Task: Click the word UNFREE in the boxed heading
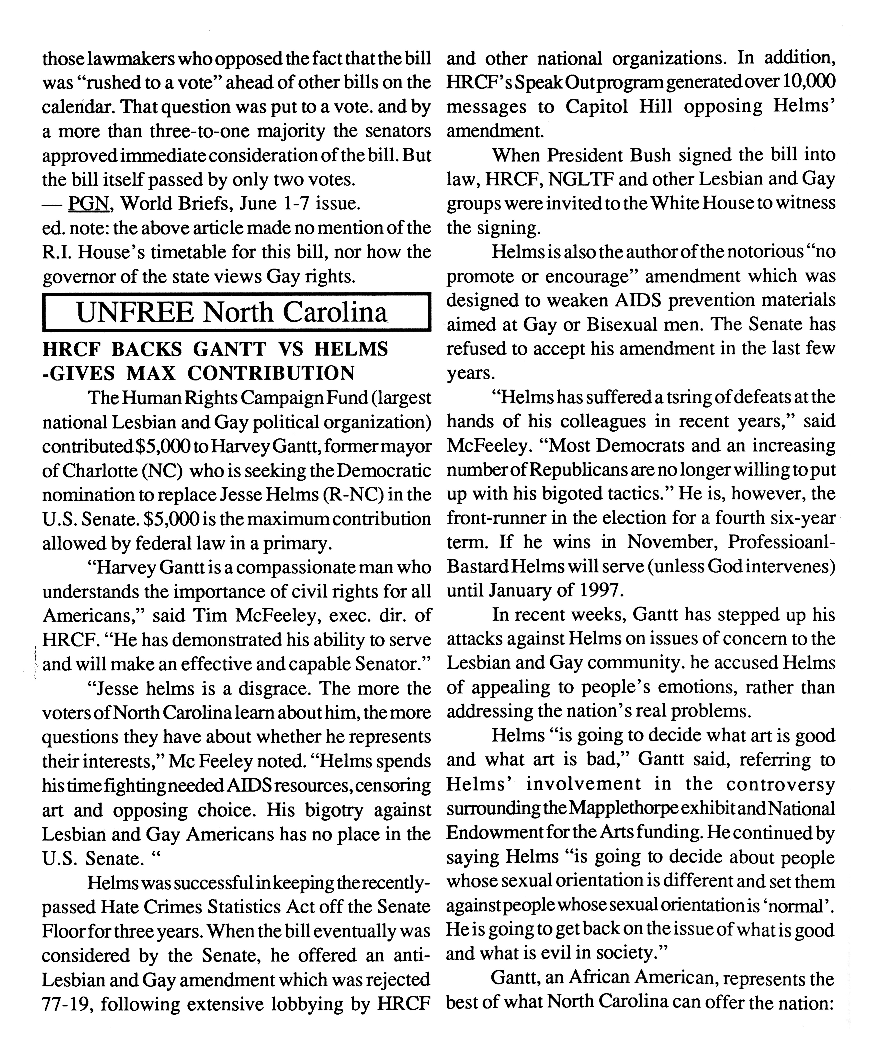(134, 313)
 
